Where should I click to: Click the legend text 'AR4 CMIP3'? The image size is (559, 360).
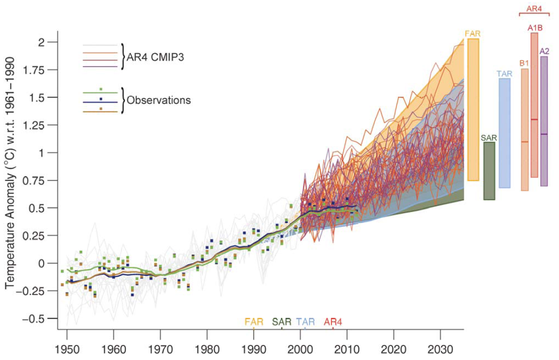pos(155,57)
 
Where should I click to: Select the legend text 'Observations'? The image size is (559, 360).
pos(158,100)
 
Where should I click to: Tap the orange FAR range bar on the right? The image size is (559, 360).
pos(473,109)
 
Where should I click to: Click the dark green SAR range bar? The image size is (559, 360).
pos(489,170)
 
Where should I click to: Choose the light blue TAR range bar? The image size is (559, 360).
pos(505,133)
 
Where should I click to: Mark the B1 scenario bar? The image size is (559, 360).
pos(525,129)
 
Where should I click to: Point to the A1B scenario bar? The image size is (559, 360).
pos(534,105)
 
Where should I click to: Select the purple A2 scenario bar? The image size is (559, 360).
pos(544,120)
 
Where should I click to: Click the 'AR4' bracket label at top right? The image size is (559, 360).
pos(533,9)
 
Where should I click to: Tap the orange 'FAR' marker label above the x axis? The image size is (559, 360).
pos(253,322)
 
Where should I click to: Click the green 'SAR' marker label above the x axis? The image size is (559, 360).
pos(281,322)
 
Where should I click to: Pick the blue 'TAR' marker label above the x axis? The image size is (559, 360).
pos(305,322)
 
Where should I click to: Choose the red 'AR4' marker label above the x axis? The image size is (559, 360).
pos(333,322)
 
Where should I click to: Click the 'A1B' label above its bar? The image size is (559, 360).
pos(535,28)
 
